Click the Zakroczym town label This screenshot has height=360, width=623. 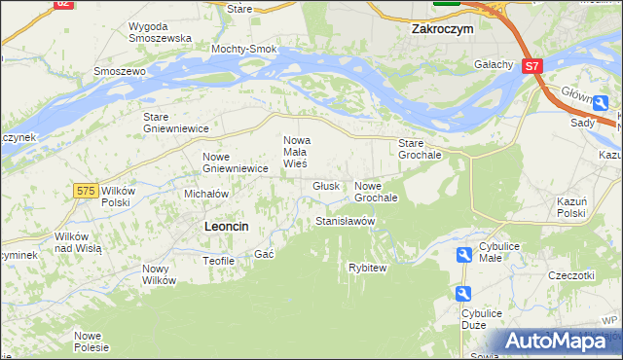pos(442,30)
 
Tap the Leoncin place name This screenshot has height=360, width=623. pos(226,226)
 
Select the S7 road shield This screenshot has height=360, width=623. pos(531,67)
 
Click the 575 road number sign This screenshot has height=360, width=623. pos(86,191)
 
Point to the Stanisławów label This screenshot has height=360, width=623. pos(346,222)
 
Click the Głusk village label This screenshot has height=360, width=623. pos(326,186)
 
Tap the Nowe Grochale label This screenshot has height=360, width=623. pos(376,192)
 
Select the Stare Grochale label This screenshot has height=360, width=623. pos(421,149)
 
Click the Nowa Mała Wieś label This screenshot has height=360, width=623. pos(296,152)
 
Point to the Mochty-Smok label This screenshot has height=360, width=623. pos(244,49)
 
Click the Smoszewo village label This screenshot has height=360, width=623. pos(119,72)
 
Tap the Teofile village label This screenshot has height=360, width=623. pos(218,261)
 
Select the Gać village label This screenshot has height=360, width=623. pos(264,254)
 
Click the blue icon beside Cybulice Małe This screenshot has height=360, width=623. pos(465,255)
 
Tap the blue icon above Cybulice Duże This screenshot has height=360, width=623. pos(463,294)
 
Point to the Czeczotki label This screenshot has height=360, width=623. pos(570,275)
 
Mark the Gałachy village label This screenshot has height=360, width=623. pos(494,64)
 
